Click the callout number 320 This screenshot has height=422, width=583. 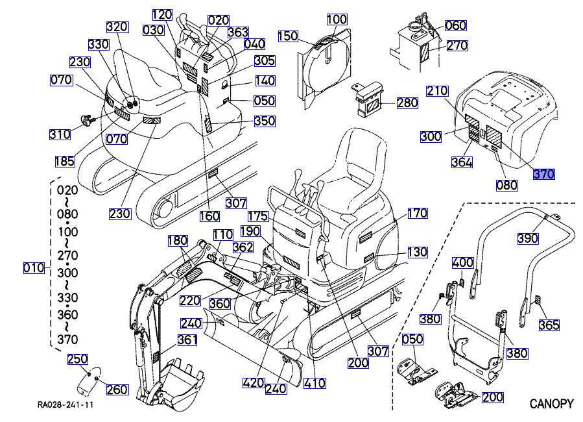[117, 27]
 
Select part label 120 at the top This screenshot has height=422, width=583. [162, 14]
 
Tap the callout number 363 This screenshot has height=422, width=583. [238, 32]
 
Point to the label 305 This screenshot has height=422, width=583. [264, 61]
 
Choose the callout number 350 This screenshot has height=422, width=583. [265, 121]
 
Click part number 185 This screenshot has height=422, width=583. [65, 160]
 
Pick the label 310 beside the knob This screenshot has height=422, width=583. [60, 134]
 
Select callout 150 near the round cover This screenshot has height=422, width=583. [288, 36]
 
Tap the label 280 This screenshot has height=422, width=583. [407, 103]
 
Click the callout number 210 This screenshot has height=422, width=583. [436, 91]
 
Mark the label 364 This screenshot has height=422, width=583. [462, 162]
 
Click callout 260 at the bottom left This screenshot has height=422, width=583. [117, 390]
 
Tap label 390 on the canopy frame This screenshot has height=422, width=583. [528, 238]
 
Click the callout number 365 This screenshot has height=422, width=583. [549, 325]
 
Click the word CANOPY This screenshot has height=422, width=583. [551, 404]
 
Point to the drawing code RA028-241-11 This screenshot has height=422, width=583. [64, 404]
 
